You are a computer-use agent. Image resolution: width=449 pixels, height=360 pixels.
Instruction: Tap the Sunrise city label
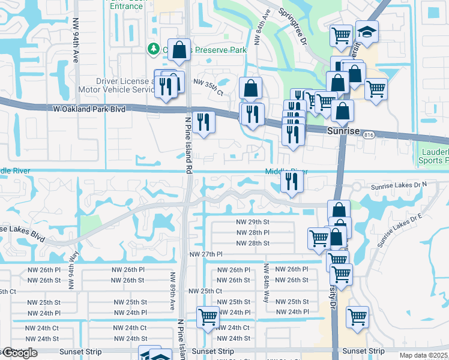pyautogui.click(x=343, y=130)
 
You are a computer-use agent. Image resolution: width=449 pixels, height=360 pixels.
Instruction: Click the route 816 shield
pyautogui.click(x=368, y=136)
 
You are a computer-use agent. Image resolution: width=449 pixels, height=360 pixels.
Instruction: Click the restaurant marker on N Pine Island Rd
pyautogui.click(x=204, y=122)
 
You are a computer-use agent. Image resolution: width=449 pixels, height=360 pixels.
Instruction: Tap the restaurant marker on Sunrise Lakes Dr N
pyautogui.click(x=292, y=181)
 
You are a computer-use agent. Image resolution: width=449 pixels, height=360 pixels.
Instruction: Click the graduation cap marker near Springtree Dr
pyautogui.click(x=366, y=31)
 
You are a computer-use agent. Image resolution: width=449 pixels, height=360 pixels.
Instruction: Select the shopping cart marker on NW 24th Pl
pyautogui.click(x=208, y=316)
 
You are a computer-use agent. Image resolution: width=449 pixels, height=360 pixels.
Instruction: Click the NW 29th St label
pyautogui.click(x=253, y=221)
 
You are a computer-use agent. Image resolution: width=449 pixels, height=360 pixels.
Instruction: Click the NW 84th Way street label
pyautogui.click(x=265, y=293)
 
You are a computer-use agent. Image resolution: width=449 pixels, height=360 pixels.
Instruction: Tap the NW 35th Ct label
pyautogui.click(x=208, y=82)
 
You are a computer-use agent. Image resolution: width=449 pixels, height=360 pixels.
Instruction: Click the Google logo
pyautogui.click(x=19, y=353)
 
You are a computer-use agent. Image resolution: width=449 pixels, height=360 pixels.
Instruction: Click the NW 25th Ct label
pyautogui.click(x=206, y=290)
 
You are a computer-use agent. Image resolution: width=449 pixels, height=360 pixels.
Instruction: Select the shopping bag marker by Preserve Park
pyautogui.click(x=179, y=50)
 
